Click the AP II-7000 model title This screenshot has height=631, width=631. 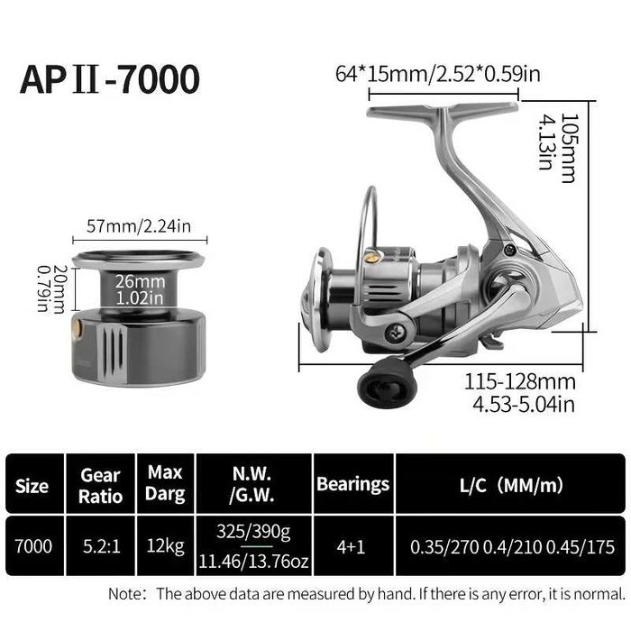coord(109,79)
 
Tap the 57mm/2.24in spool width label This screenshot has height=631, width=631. coord(139,226)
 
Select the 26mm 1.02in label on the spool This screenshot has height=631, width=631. coord(140,289)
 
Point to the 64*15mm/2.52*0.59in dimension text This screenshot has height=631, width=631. coord(438,74)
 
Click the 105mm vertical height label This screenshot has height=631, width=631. coord(570,148)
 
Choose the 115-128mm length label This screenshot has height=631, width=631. coord(520,381)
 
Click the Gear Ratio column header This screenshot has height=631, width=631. coord(100,486)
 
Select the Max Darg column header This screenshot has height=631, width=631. coord(165,483)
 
